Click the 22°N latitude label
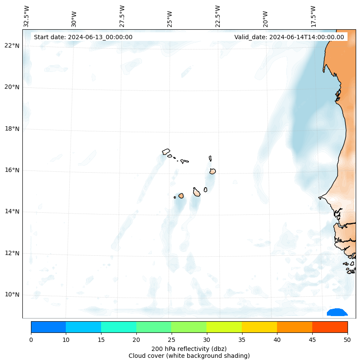(12, 46)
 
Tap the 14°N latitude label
(12, 211)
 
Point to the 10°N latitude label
(12, 295)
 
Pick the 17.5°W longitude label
(314, 16)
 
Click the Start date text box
(83, 37)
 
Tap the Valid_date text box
(289, 37)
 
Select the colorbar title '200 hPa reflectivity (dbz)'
(189, 348)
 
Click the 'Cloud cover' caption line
(189, 356)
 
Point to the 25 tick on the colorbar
(171, 340)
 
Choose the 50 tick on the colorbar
(347, 340)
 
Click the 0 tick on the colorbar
(31, 340)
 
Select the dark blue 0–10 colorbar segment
(48, 327)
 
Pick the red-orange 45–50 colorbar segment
(329, 327)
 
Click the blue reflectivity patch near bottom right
(337, 312)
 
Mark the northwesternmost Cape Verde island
(166, 152)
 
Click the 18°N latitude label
(12, 129)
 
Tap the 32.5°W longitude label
(27, 16)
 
